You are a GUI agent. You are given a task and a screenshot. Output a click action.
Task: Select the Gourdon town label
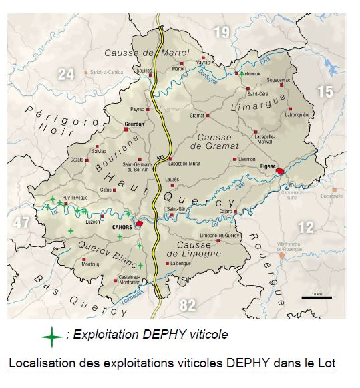(135, 124)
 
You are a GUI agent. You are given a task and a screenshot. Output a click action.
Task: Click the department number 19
(221, 31)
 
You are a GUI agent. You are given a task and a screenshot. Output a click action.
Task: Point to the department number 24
(65, 74)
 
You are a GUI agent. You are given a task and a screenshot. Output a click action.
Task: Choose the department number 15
(325, 91)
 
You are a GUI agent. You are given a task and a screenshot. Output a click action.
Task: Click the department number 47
(22, 222)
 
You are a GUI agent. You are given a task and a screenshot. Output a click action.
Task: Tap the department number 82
(188, 305)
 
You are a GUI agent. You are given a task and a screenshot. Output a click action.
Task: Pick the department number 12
(305, 228)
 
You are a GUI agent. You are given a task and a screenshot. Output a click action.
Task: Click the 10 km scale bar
(312, 295)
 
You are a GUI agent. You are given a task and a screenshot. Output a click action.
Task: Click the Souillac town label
(144, 69)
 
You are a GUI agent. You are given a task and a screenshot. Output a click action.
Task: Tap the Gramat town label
(196, 115)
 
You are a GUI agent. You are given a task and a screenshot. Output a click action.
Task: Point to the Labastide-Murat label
(185, 163)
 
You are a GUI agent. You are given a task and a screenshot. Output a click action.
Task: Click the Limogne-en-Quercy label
(220, 236)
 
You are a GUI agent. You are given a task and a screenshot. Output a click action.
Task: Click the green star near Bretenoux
(241, 73)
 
